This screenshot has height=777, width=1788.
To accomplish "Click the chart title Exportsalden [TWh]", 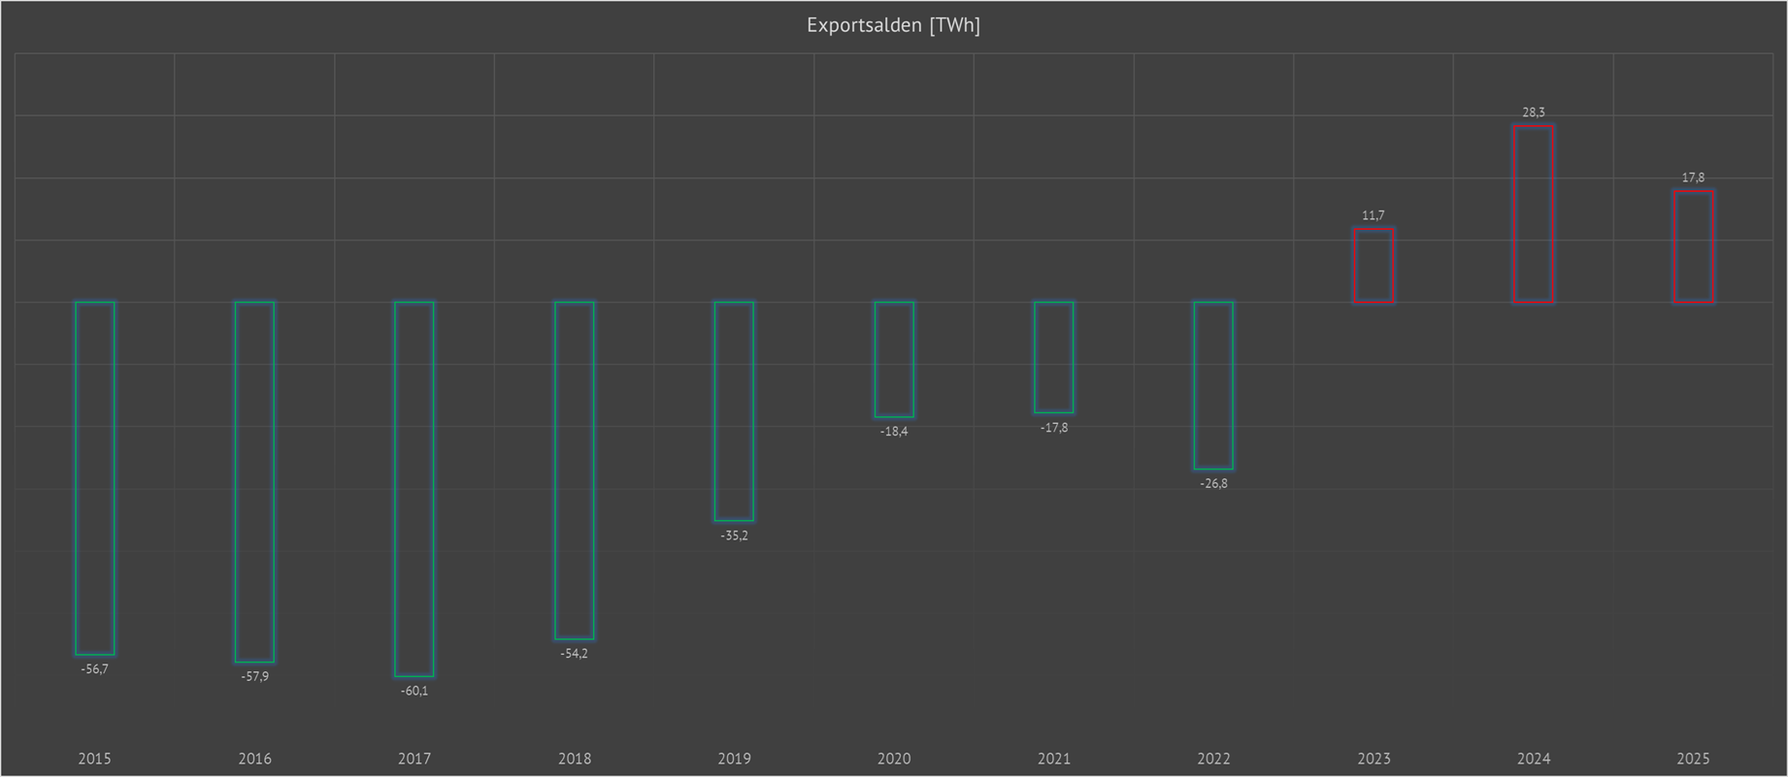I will click(893, 25).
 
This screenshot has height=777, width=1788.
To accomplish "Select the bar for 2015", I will click(95, 478).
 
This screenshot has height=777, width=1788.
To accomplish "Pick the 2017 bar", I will click(414, 489).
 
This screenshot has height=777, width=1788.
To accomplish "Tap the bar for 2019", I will click(734, 411).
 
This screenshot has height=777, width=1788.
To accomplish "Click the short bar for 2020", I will click(894, 359).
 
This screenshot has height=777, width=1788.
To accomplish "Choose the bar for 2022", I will click(1213, 385).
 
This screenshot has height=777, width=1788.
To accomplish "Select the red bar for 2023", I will click(1374, 266).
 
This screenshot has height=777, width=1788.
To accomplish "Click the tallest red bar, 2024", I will click(1534, 214).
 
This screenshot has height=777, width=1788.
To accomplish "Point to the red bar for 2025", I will click(1693, 246).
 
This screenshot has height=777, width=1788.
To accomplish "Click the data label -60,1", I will click(414, 692).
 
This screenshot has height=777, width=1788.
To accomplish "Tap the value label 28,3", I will click(1534, 113).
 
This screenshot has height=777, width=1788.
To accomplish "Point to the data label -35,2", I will click(734, 535).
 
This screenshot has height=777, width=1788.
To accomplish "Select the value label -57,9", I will click(255, 677).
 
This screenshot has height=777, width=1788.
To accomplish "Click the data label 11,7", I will click(1374, 215).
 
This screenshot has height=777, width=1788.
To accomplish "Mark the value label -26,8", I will click(1213, 484).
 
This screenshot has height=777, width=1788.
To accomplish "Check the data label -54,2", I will click(575, 654).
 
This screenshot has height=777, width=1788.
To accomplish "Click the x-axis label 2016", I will click(255, 759).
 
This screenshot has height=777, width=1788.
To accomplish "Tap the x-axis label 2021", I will click(1054, 759).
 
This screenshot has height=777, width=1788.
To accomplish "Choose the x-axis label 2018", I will click(575, 759).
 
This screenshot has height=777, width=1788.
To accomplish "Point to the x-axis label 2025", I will click(1693, 759).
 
